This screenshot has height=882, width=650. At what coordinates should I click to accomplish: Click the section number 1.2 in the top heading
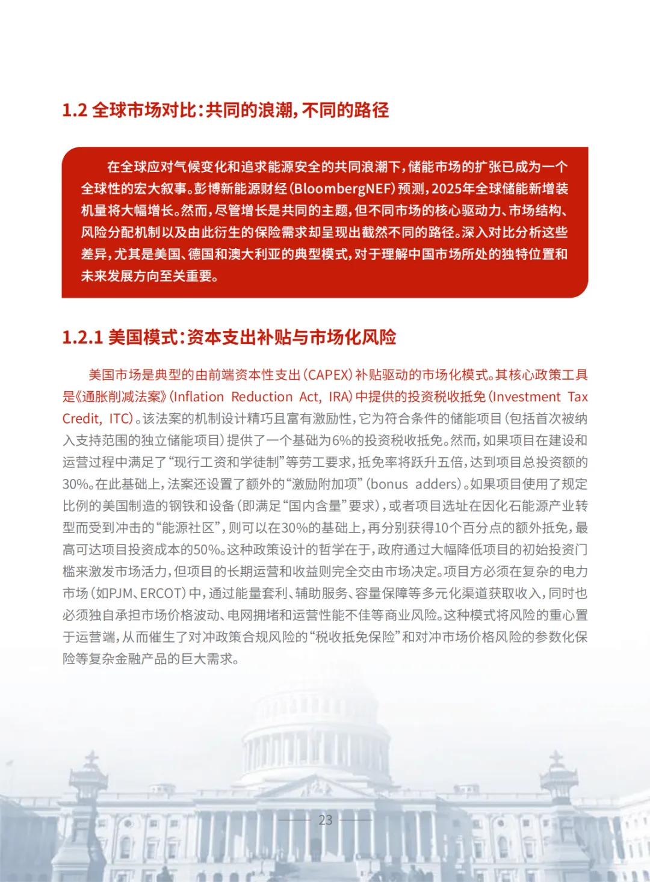[x=75, y=111]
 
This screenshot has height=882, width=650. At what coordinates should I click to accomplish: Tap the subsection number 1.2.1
[x=82, y=338]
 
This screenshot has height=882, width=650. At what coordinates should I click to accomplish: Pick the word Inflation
[x=198, y=397]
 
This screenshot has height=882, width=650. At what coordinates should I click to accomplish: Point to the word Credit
[x=82, y=419]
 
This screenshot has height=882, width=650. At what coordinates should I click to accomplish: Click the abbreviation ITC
[x=120, y=419]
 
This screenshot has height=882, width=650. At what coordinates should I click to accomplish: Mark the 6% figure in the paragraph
[x=341, y=441]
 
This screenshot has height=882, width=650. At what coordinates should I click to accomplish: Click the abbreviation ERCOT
[x=162, y=594]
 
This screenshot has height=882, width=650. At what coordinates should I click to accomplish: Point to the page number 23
[x=325, y=820]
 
